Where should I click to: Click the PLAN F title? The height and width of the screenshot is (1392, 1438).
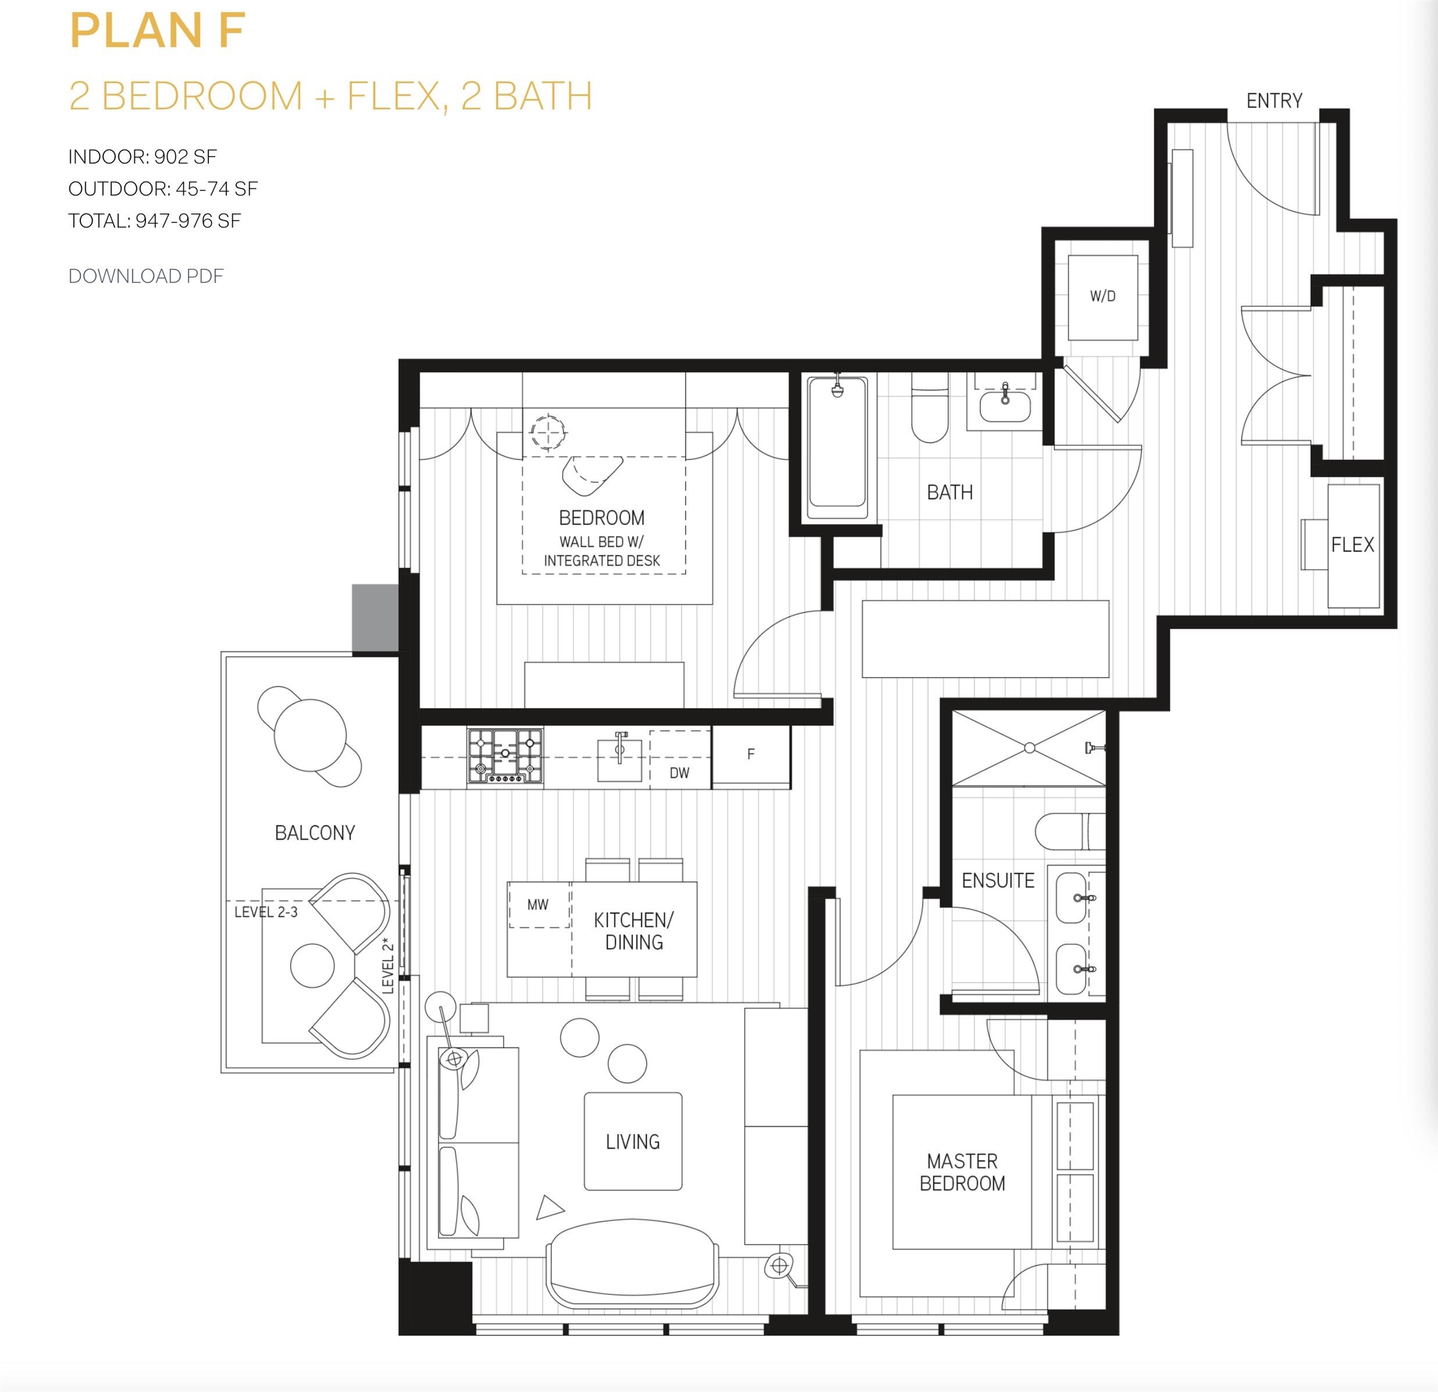tap(158, 31)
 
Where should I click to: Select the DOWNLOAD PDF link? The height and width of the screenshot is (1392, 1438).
tap(146, 276)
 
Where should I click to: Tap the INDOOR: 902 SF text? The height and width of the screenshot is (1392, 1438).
tap(143, 156)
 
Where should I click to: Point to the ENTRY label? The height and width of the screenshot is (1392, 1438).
tap(1274, 100)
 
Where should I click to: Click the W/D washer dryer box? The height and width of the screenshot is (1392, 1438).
tap(1103, 297)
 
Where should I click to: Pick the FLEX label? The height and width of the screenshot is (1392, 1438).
tap(1353, 544)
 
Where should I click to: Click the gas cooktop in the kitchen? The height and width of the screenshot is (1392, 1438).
tap(506, 756)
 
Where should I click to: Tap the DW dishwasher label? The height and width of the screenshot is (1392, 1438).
tap(679, 773)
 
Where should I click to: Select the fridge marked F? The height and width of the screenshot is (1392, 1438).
tap(751, 756)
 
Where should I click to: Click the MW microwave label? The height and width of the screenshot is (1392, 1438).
tap(538, 905)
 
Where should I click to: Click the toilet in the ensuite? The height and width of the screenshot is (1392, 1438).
tap(1070, 831)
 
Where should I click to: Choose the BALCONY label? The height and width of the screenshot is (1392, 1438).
tap(315, 833)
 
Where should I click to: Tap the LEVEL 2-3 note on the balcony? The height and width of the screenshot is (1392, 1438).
tap(266, 912)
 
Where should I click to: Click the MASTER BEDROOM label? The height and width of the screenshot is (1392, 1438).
tap(963, 1172)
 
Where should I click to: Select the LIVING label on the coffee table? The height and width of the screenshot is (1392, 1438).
tap(632, 1142)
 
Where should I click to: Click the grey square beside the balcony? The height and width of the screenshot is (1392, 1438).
tap(375, 618)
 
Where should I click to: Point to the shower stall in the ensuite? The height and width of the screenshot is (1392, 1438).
tap(1029, 748)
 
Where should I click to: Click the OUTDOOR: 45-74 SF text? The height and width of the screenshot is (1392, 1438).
tap(163, 188)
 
